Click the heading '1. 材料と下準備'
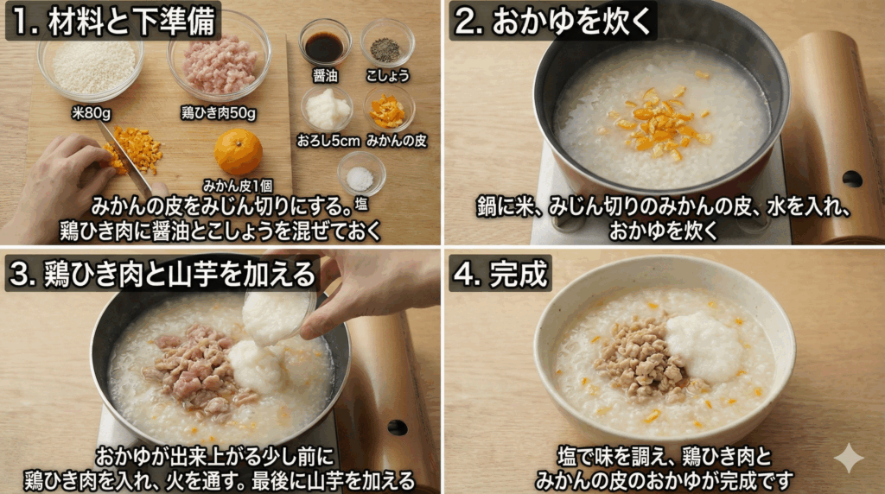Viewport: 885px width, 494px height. pos(113,21)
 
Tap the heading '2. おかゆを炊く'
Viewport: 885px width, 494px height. pos(553,22)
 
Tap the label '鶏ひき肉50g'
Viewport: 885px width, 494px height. pos(219,112)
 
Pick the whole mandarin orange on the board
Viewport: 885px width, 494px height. pos(239,152)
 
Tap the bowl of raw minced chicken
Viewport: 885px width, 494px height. pos(220,64)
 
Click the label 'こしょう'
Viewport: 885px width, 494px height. pos(387,75)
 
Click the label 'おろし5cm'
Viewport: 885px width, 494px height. pos(328,140)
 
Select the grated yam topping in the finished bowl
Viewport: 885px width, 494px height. pos(704,345)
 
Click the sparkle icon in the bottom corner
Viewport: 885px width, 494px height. pos(848,458)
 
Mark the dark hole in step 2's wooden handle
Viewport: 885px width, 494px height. pos(851,179)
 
